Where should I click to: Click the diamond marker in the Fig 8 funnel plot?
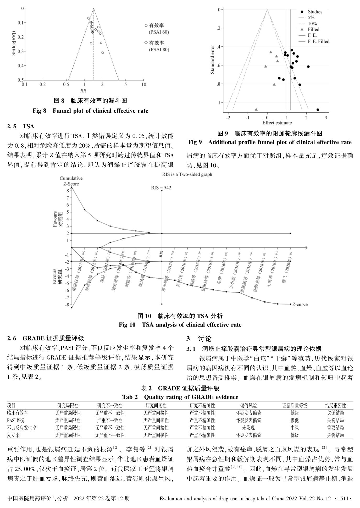(88, 18)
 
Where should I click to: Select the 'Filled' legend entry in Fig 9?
(313, 29)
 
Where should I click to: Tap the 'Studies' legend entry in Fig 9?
(315, 12)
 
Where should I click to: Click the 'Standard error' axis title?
(213, 60)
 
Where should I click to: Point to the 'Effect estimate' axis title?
(277, 123)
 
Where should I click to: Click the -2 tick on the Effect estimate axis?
(228, 118)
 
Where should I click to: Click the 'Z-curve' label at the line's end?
(300, 305)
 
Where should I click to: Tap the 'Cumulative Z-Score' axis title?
(71, 181)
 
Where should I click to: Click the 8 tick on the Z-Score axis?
(68, 191)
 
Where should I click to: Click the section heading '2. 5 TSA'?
(21, 126)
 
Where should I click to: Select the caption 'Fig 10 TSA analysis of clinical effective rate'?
(180, 325)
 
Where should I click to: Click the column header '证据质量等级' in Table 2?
(294, 406)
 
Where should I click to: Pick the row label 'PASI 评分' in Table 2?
(16, 420)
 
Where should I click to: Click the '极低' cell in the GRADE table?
(294, 420)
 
